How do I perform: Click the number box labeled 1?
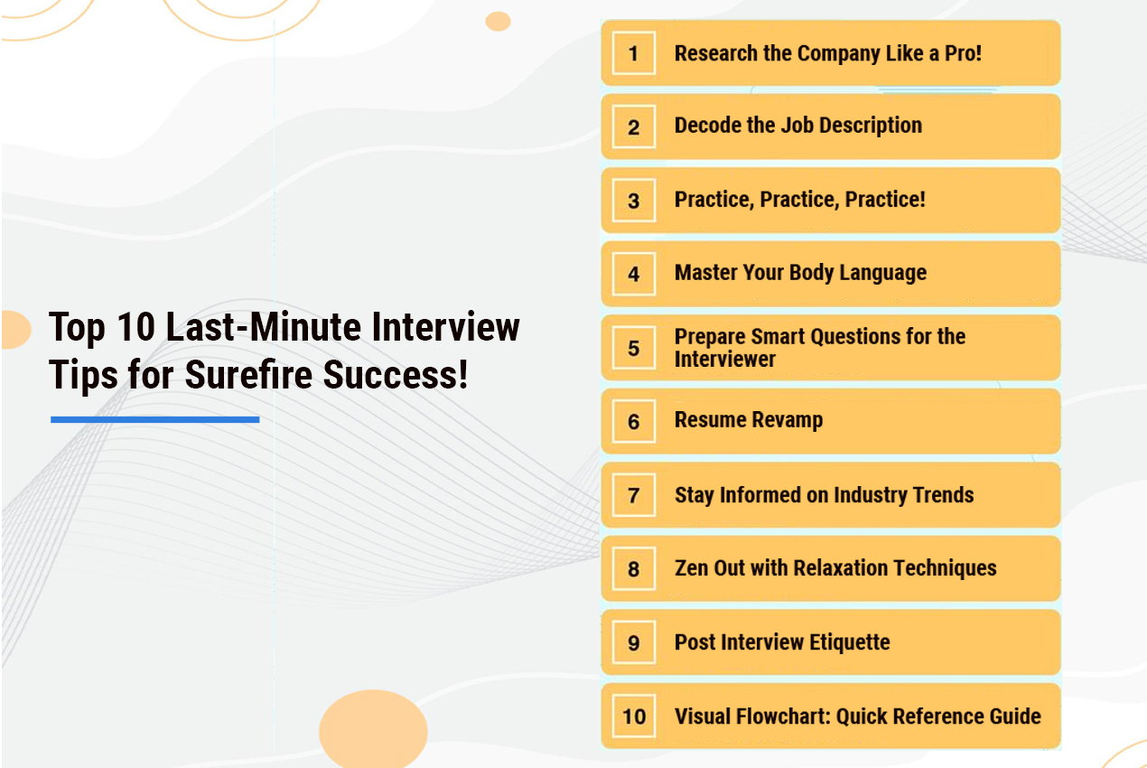coord(634,53)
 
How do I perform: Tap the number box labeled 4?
coord(634,274)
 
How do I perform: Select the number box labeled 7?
coord(634,495)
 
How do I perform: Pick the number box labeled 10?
coord(634,716)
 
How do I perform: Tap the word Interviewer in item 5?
coord(725,359)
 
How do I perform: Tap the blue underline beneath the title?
coord(155,419)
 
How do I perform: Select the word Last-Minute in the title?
coord(264,327)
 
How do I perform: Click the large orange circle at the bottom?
coord(373,728)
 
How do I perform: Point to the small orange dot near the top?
coord(498,22)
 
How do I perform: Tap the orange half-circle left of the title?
coord(16,330)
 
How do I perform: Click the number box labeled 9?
coord(634,642)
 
